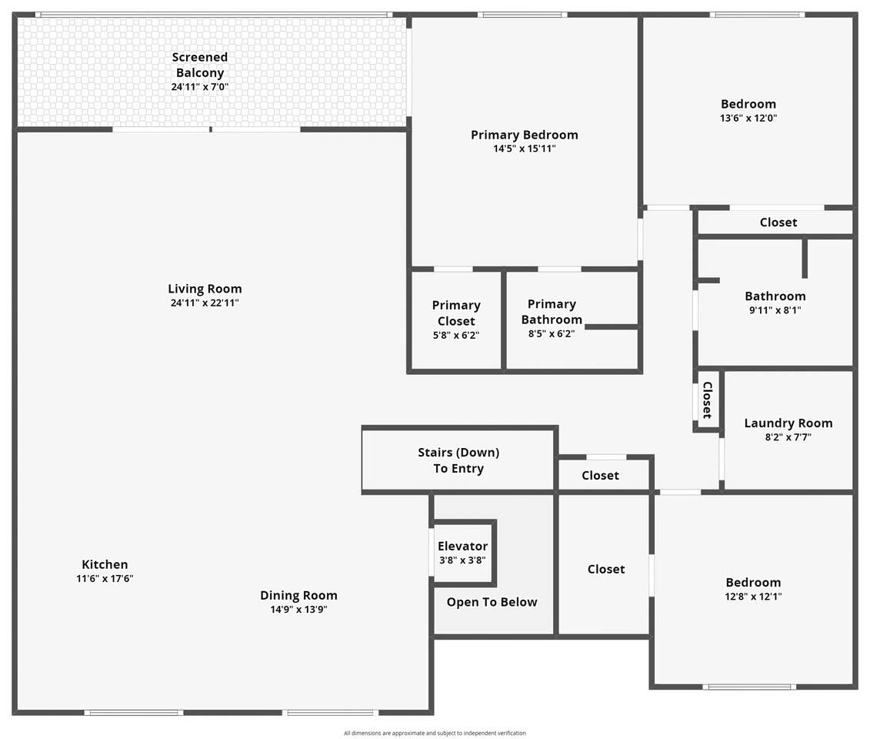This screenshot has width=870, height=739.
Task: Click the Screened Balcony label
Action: coord(200,65)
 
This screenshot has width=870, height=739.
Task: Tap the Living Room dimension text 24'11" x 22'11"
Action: coord(205,303)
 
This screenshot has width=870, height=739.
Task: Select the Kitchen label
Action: coord(105,564)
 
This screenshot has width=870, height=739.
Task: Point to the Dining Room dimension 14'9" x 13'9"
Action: coord(298,609)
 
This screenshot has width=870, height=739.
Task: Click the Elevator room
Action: coord(463,553)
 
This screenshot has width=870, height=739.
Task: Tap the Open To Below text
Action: coord(492,602)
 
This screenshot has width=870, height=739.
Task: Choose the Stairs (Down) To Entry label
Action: coord(458,460)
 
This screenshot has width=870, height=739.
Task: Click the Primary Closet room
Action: coord(456,320)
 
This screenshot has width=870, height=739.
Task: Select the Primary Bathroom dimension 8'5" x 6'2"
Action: coord(551,333)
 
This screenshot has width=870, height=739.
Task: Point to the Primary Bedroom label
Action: coord(525,135)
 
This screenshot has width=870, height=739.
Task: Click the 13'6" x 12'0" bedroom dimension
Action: coord(748,118)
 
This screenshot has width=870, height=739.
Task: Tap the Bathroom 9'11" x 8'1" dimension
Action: coord(775,309)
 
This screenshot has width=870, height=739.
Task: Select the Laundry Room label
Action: coord(788,423)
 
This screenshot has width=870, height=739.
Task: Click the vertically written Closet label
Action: coord(708,400)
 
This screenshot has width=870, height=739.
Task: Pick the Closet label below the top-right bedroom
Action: coord(778,222)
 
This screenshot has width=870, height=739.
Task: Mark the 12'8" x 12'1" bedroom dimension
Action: coord(753,597)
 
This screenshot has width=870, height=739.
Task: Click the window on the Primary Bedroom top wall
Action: coord(522,15)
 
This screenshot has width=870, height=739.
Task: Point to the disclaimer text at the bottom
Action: coord(435,733)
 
